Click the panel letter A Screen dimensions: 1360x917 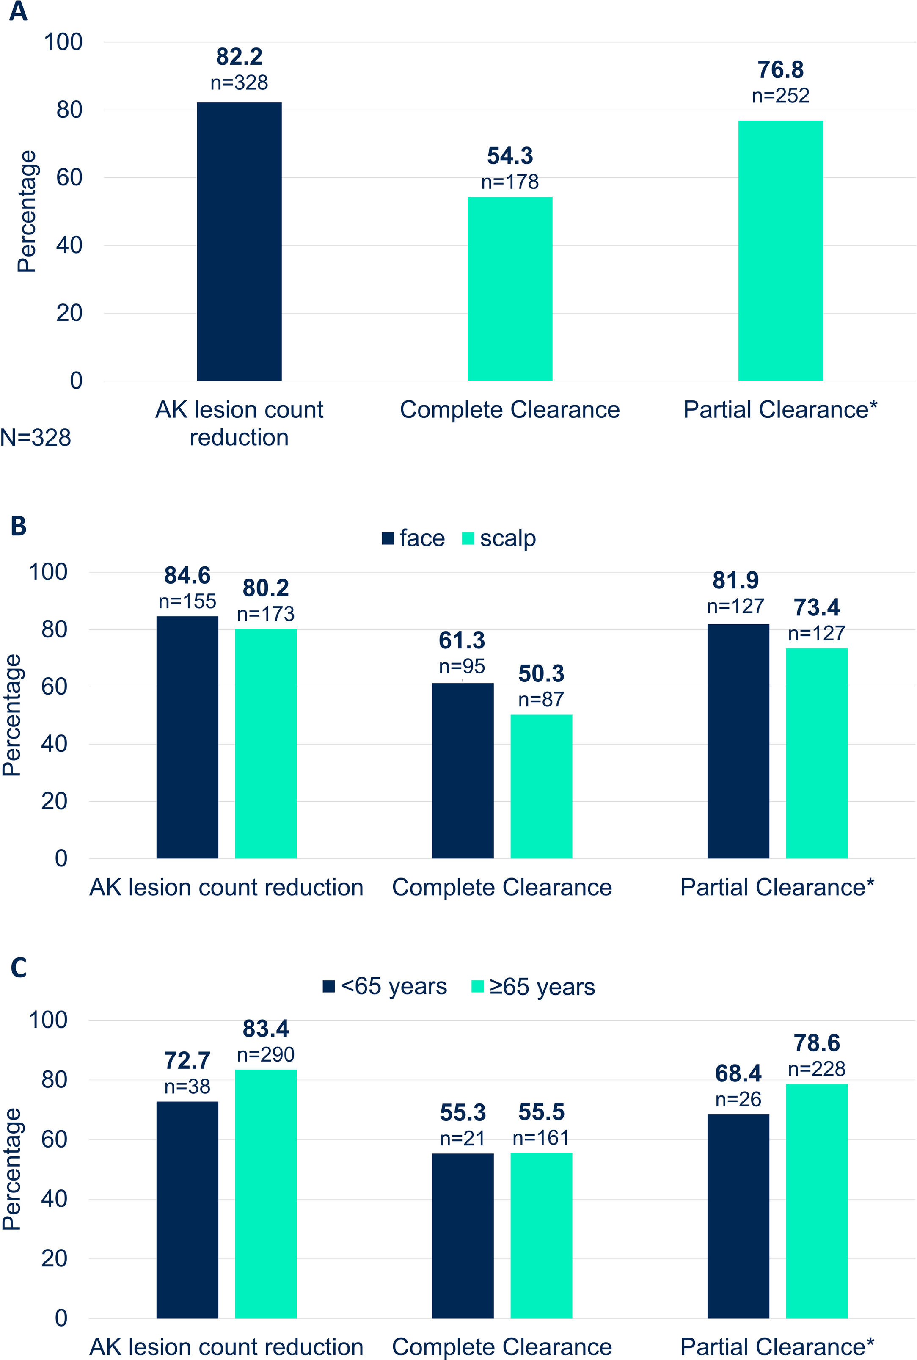[18, 12]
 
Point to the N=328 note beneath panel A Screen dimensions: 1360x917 [36, 438]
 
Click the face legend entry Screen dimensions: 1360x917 [413, 538]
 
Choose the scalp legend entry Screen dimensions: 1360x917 [499, 538]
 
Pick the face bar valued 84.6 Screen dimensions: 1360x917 [187, 737]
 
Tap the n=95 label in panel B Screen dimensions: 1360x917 [462, 666]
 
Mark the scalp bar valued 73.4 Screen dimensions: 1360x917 [816, 753]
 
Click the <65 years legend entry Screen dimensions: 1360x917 [385, 986]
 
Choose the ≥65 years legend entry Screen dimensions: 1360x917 [533, 987]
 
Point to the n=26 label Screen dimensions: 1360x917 [738, 1099]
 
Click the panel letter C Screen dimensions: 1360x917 [18, 968]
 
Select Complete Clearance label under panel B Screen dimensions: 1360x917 [502, 887]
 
